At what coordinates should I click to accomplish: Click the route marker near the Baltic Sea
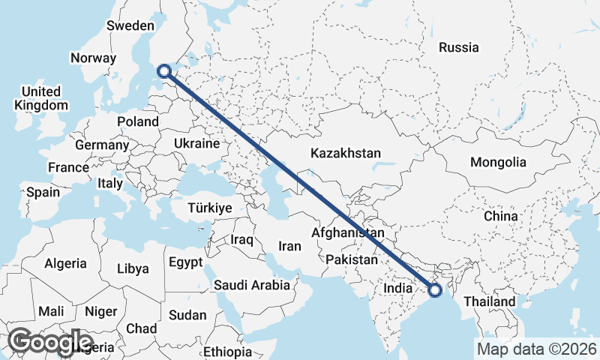click(165, 72)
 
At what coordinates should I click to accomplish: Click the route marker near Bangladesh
click(434, 289)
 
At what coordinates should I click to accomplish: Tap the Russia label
click(458, 47)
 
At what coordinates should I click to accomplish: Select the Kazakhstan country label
click(346, 153)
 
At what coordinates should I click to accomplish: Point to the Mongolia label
click(497, 162)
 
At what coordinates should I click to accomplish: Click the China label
click(500, 216)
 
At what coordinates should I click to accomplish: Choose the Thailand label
click(489, 301)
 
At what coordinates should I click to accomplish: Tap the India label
click(397, 288)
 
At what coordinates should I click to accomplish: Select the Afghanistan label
click(347, 233)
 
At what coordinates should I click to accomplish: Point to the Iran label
click(289, 246)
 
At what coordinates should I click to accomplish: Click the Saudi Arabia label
click(251, 285)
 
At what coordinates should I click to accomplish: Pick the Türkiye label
click(209, 208)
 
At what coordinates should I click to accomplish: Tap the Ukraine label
click(196, 143)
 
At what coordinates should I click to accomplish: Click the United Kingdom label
click(41, 98)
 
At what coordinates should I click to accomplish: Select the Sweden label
click(130, 25)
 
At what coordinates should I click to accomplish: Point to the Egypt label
click(185, 263)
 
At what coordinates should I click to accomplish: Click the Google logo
click(50, 342)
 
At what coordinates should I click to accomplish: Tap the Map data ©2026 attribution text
click(536, 349)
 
